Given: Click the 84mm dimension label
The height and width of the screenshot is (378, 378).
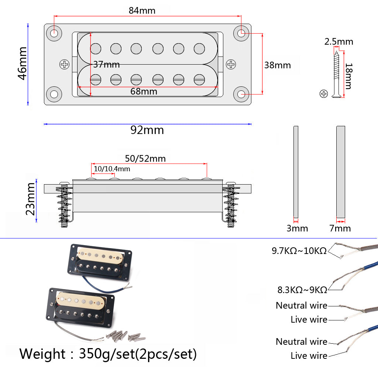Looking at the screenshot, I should pos(142,10).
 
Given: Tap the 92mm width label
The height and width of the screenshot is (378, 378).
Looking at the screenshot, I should pos(147,130).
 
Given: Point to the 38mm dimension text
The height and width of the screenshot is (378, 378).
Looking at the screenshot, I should pos(277,65).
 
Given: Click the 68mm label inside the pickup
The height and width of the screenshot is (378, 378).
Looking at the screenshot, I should pos(144,91).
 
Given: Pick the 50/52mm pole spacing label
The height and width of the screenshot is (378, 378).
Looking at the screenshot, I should pos(145,159).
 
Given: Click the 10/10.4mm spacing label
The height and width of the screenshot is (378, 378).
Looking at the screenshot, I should pos(112,169).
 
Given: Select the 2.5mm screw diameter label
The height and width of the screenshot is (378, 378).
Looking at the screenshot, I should pos(339,42).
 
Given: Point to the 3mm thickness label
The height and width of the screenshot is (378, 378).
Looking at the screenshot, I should pos(297,228).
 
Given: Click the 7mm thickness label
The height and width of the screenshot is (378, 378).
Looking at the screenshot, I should pos(340,228).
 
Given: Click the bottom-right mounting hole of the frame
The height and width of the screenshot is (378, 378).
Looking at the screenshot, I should pos(242,94).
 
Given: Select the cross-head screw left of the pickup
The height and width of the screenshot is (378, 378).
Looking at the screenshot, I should pos(65,65).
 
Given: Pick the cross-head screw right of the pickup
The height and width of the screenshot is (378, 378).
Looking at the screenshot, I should pos(231,65).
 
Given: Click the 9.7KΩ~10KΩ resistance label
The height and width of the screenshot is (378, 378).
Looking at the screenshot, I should pos(299,251).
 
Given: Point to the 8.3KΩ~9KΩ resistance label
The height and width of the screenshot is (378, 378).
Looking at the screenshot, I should pos(302,289).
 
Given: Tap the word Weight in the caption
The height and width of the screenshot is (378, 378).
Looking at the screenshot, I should pos(42,354).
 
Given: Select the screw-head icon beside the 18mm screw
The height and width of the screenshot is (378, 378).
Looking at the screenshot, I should pos(323,93).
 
